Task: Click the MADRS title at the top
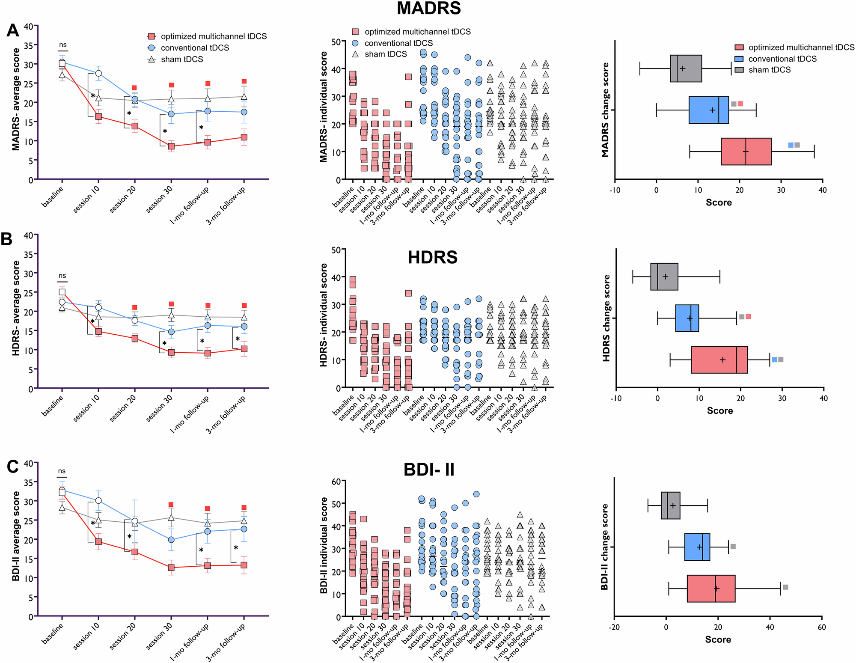click(x=428, y=9)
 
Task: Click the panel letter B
click(x=7, y=239)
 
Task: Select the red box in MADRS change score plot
click(x=746, y=152)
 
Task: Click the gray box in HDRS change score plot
click(x=664, y=276)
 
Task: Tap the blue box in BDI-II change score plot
click(x=697, y=547)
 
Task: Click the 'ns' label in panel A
click(x=62, y=45)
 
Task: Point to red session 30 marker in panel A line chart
click(x=171, y=146)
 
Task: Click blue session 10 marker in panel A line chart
click(x=98, y=73)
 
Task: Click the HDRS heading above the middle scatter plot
click(x=432, y=258)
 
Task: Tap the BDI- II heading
click(x=428, y=470)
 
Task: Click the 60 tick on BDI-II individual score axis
click(x=336, y=482)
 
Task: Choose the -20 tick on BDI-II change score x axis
click(x=614, y=627)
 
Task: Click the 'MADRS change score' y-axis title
click(x=605, y=110)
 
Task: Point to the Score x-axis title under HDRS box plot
click(x=719, y=411)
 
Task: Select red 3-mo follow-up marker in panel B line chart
click(x=244, y=349)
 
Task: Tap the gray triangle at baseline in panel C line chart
click(x=62, y=508)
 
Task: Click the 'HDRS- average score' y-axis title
click(x=16, y=308)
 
